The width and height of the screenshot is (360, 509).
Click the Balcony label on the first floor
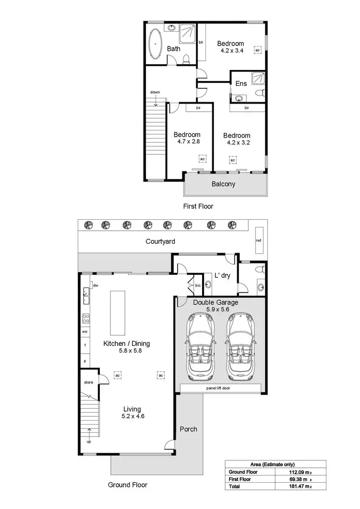223,184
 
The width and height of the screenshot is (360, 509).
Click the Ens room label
241,83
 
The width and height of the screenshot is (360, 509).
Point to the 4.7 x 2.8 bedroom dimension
187,142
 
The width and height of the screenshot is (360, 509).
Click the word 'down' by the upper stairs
155,92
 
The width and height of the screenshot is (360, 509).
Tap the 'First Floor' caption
198,206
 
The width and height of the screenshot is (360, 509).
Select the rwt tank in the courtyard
258,240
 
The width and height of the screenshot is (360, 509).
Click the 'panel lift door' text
218,388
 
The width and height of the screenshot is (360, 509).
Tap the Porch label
188,429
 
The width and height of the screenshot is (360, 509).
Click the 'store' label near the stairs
88,382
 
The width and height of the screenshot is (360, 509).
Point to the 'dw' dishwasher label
96,285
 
